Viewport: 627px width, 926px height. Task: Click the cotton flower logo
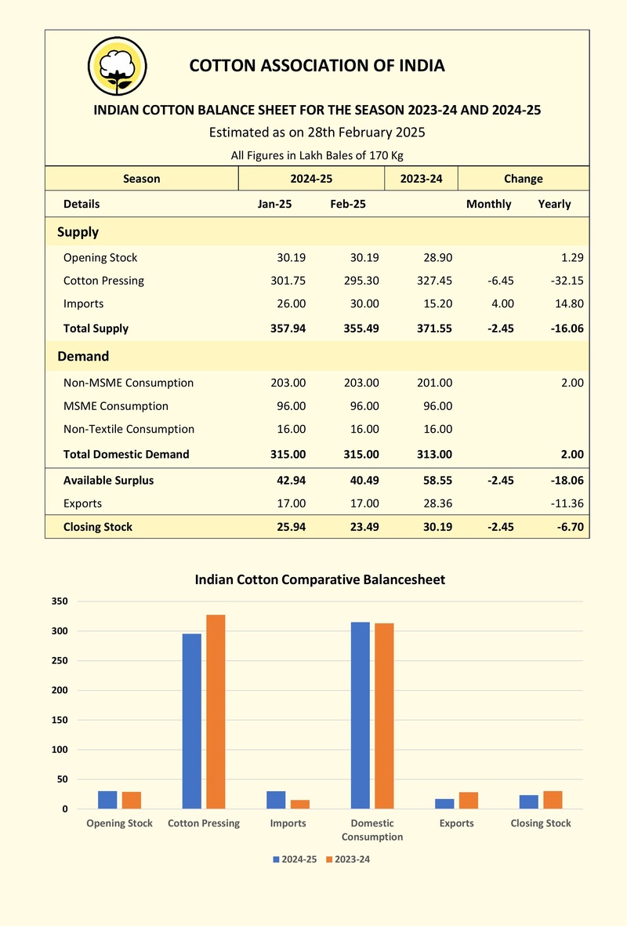point(117,66)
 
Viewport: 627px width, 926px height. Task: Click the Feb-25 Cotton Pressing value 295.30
point(361,281)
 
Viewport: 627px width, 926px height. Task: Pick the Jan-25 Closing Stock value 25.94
point(291,527)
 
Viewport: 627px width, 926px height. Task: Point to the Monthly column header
point(489,204)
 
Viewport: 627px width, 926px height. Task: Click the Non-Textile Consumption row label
point(129,430)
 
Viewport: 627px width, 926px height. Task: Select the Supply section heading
point(78,232)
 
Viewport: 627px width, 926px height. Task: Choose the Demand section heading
point(83,356)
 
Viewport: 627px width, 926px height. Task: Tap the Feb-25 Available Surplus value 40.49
point(364,480)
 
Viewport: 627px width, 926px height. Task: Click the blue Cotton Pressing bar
point(192,721)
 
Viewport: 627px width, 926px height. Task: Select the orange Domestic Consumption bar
point(384,716)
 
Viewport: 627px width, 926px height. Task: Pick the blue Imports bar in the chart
point(276,800)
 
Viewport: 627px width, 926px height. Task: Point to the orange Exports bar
point(468,801)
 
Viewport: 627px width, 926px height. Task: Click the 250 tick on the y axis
point(60,661)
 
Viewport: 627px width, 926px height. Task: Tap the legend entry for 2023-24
point(348,859)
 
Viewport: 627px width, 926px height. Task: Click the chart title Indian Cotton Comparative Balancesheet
point(320,579)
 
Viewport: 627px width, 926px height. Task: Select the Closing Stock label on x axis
point(541,823)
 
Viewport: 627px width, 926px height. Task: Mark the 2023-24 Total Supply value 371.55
point(434,329)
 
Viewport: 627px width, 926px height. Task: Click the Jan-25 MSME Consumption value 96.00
point(291,405)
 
